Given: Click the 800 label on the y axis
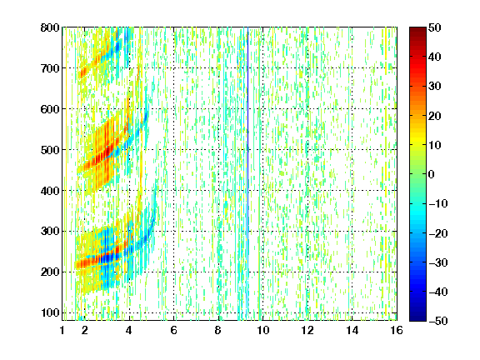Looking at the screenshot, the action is tap(50, 27).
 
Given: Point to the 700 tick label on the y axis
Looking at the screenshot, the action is tap(50, 68).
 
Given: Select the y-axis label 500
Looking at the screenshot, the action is tap(50, 150).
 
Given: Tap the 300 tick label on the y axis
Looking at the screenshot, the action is tap(50, 231).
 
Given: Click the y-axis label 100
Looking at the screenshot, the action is tap(50, 312).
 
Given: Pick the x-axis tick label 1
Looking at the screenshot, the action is tap(62, 330).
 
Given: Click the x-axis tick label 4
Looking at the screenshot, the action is tap(129, 330).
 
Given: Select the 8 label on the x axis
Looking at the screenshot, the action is tap(217, 330).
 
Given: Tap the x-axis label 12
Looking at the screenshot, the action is tap(307, 330).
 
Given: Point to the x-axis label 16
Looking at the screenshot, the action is tap(397, 330).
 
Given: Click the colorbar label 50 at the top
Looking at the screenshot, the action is tap(434, 27).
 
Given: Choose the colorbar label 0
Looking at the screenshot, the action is tap(432, 174).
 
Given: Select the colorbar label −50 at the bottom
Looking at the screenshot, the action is tap(438, 321).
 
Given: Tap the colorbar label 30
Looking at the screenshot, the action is tap(434, 87).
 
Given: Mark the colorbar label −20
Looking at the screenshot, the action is tap(438, 233).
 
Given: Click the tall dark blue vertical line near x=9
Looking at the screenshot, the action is tap(247, 147).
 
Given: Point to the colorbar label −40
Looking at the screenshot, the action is tap(438, 292).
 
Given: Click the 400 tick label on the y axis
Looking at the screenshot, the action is tap(50, 191).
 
